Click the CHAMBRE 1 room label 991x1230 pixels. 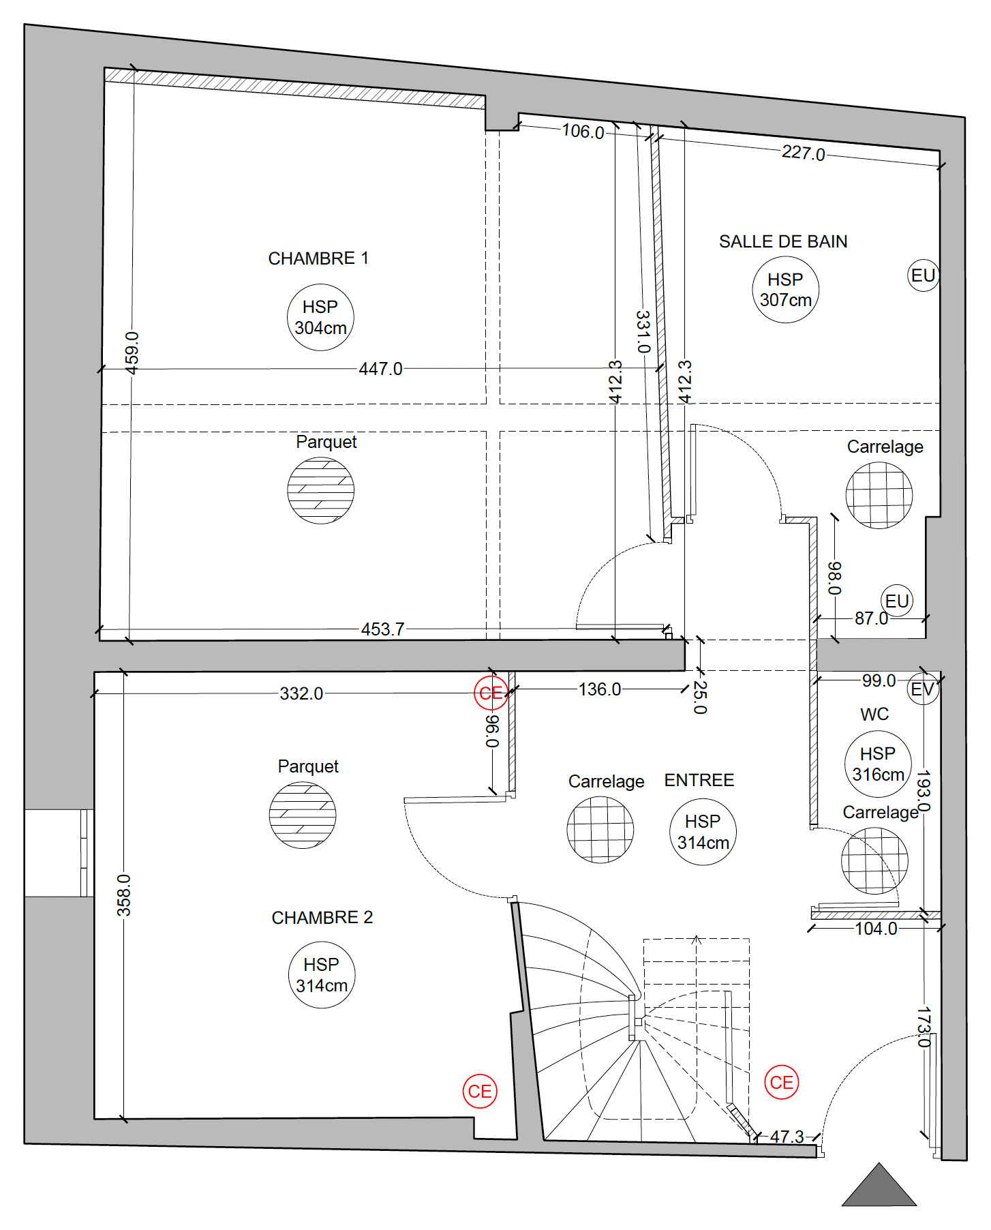318,258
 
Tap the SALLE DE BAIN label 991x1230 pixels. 783,241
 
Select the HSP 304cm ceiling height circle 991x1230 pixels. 320,318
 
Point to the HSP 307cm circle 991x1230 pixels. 785,290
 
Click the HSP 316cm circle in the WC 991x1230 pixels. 878,764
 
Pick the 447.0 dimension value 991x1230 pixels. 380,369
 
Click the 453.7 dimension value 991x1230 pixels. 382,629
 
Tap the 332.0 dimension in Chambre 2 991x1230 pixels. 301,693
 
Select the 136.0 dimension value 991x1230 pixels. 600,689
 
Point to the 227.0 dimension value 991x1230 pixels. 803,153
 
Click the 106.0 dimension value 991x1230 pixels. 583,131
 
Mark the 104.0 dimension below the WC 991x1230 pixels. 876,929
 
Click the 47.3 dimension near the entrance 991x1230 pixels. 787,1137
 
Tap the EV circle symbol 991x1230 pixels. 923,689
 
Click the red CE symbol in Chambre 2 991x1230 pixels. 480,1092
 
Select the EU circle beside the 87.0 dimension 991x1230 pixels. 897,601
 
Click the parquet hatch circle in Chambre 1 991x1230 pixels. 320,490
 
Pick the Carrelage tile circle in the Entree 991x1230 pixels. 600,830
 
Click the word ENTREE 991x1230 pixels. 699,780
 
